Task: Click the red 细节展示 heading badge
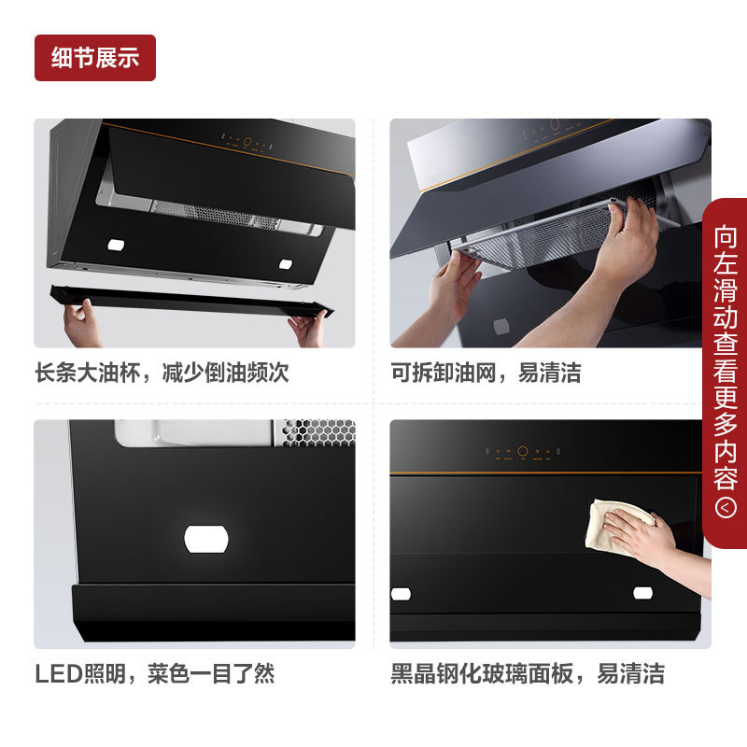[x=95, y=58]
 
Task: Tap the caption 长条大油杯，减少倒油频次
[x=162, y=373]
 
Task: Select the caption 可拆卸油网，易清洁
[x=486, y=373]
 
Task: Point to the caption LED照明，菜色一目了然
[x=155, y=673]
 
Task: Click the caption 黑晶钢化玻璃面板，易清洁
[x=528, y=673]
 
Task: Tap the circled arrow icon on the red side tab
[x=726, y=508]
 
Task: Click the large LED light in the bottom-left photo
[x=206, y=540]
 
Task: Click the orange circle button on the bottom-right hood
[x=523, y=451]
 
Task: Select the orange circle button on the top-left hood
[x=247, y=142]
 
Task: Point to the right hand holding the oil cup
[x=308, y=329]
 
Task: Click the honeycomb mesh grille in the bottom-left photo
[x=318, y=432]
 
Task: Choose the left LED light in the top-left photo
[x=116, y=245]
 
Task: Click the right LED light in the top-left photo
[x=286, y=264]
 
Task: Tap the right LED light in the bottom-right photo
[x=642, y=593]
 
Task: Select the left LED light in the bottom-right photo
[x=401, y=594]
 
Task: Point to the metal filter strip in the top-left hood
[x=215, y=216]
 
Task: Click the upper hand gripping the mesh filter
[x=627, y=238]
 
